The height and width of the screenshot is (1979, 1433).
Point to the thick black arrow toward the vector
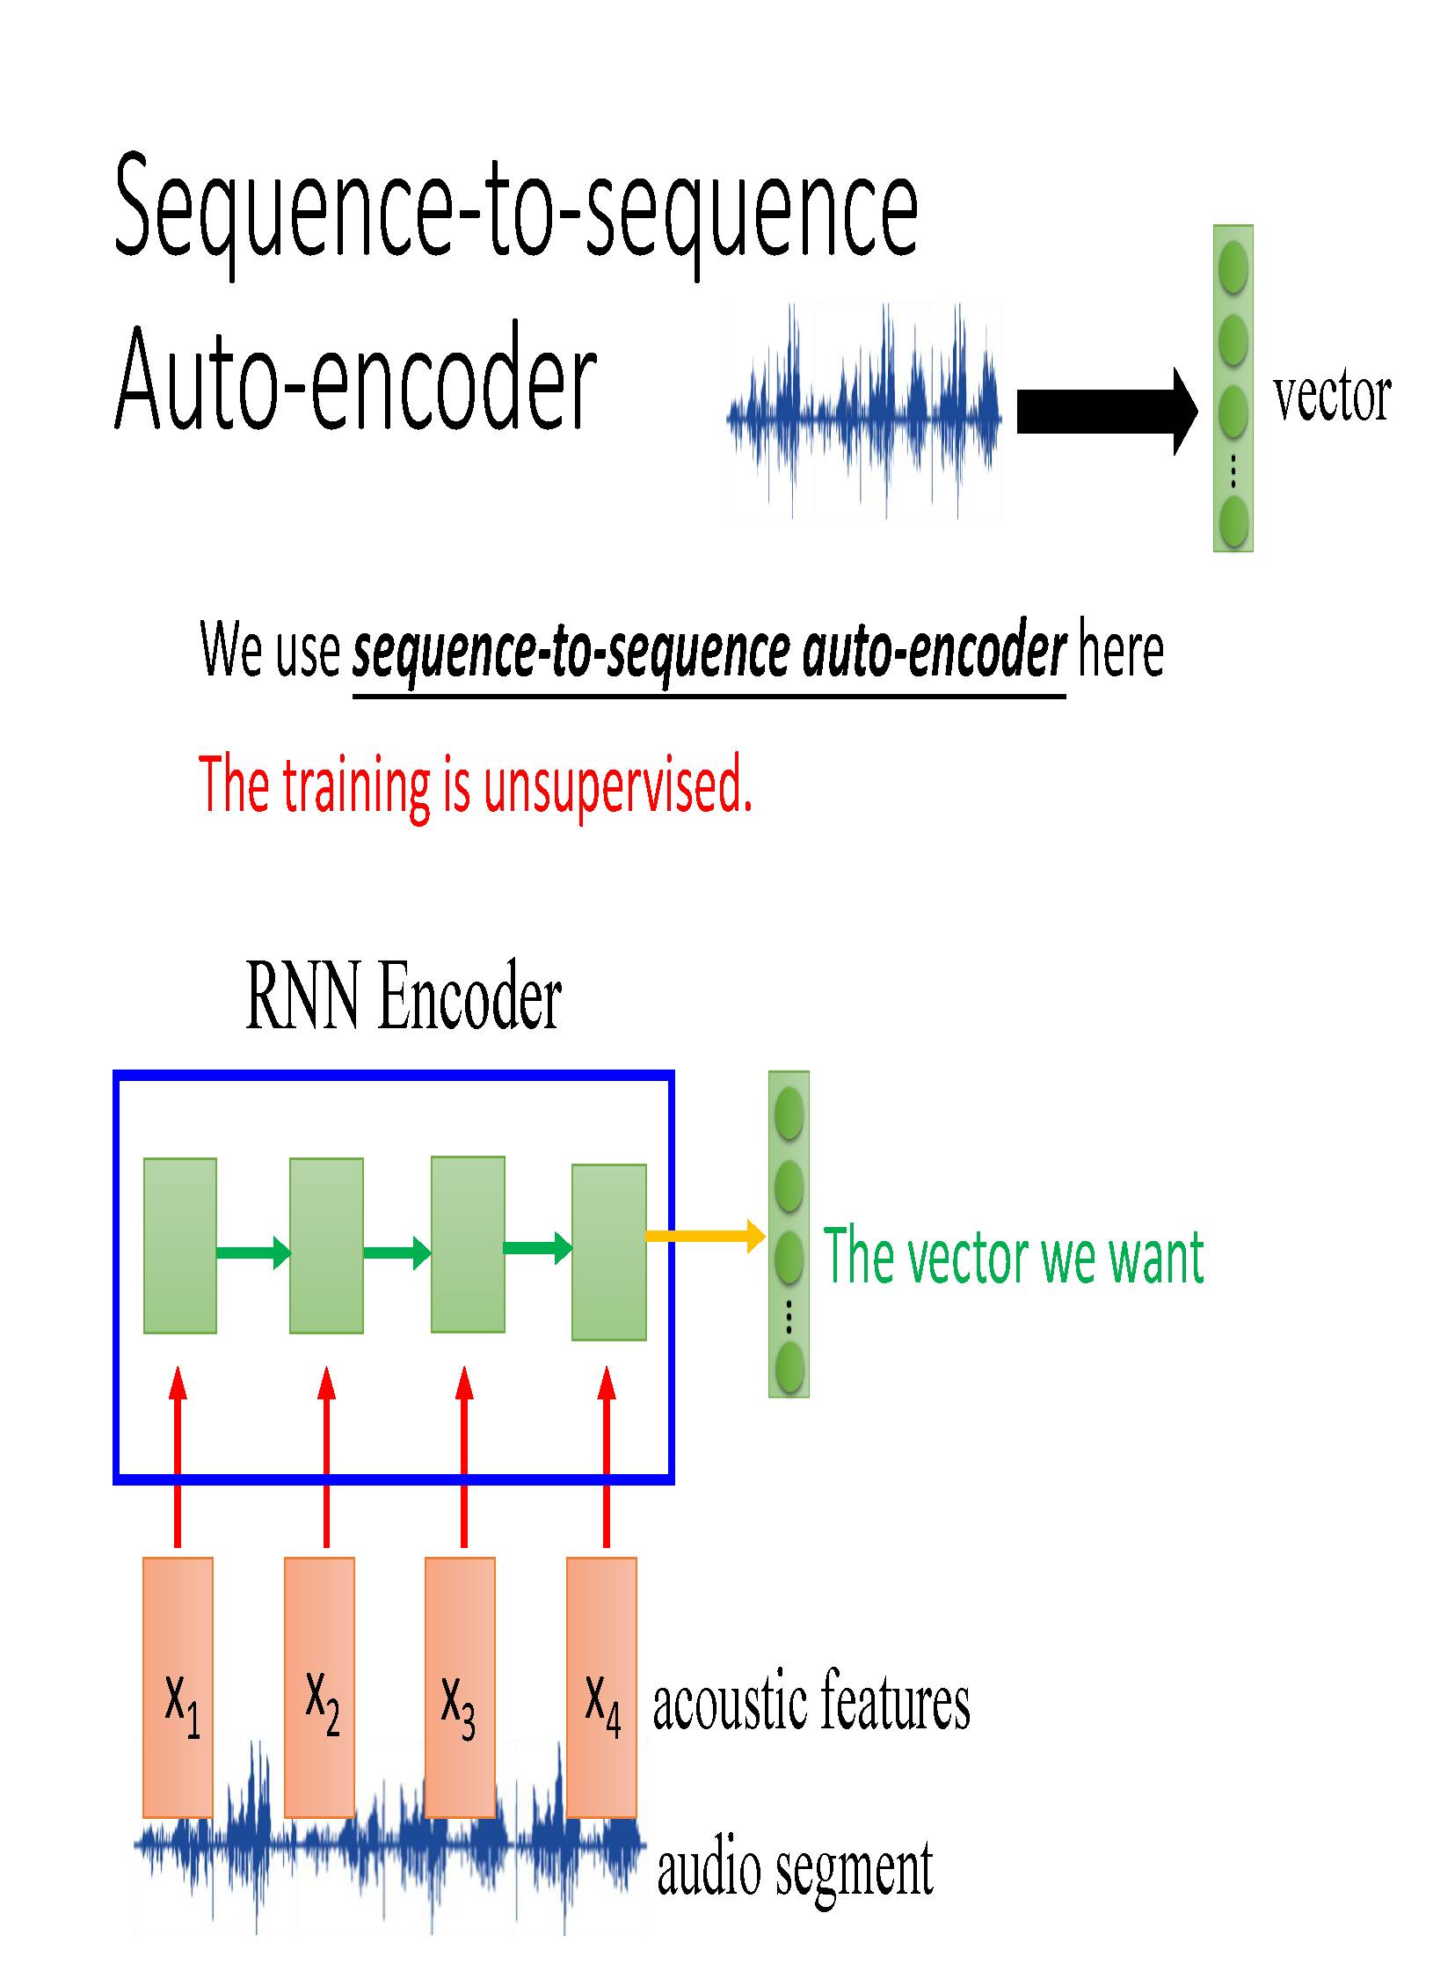pyautogui.click(x=1106, y=411)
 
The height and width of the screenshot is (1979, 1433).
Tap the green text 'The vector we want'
pyautogui.click(x=1013, y=1258)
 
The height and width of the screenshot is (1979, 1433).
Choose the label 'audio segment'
pyautogui.click(x=796, y=1867)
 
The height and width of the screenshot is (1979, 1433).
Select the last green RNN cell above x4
pyautogui.click(x=609, y=1252)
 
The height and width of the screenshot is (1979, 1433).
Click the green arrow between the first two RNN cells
pyautogui.click(x=253, y=1251)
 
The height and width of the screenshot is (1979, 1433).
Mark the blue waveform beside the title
pyautogui.click(x=864, y=411)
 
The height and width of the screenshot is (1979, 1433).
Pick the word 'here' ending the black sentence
pyautogui.click(x=1120, y=651)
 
